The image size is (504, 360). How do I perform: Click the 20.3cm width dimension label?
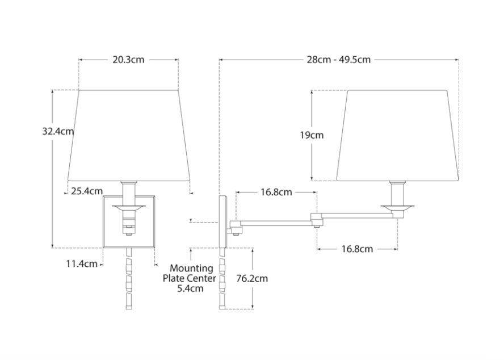128,60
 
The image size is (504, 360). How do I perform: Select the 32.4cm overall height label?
58,131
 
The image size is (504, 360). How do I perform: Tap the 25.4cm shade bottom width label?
87,191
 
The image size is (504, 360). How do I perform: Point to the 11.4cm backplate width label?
82,264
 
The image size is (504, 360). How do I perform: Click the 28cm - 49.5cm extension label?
339,60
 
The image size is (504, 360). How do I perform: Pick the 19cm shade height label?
312,135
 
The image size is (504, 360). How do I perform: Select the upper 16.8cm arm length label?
276,192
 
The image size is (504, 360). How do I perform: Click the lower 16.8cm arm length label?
357,249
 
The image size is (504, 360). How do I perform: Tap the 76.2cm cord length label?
252,278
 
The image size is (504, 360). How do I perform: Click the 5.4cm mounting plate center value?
190,288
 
